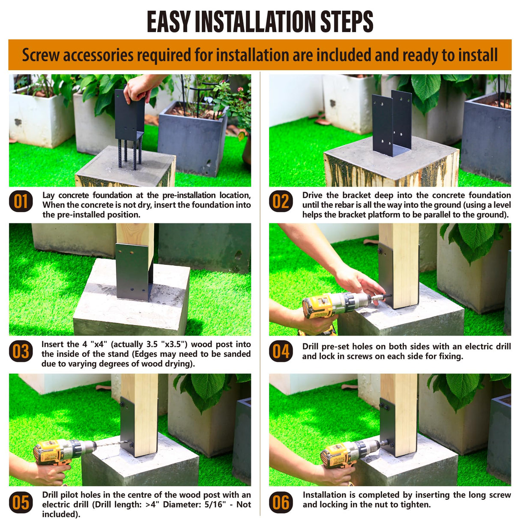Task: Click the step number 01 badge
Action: tap(21, 201)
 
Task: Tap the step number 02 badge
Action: tap(281, 201)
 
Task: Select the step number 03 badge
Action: tap(21, 351)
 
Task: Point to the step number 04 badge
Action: tap(281, 351)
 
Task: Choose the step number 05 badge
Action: tap(21, 502)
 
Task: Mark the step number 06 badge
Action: tap(281, 502)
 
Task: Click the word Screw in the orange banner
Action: tap(41, 55)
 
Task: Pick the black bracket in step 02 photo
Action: tap(392, 123)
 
